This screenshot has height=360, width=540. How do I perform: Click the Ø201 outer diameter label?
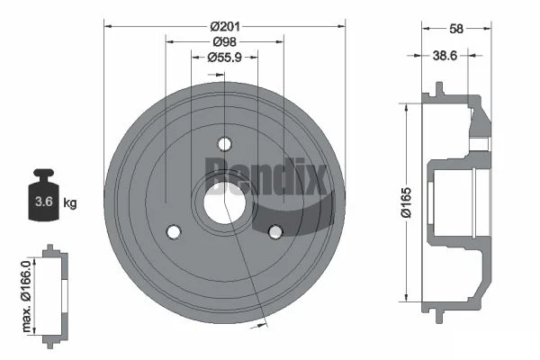click(x=225, y=26)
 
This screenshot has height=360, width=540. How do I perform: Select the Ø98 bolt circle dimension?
click(x=224, y=41)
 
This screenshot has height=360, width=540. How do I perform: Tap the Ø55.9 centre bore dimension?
click(x=224, y=58)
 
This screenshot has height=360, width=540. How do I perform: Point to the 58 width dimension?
click(x=456, y=29)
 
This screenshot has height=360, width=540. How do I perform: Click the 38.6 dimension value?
click(x=445, y=55)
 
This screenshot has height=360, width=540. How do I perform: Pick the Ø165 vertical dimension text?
click(x=406, y=202)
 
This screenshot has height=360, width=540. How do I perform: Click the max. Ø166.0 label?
click(x=26, y=296)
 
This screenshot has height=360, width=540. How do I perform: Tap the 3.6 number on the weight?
click(x=44, y=202)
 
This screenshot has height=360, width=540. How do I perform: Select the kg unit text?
click(x=70, y=202)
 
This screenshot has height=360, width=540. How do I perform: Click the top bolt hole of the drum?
click(x=224, y=144)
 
